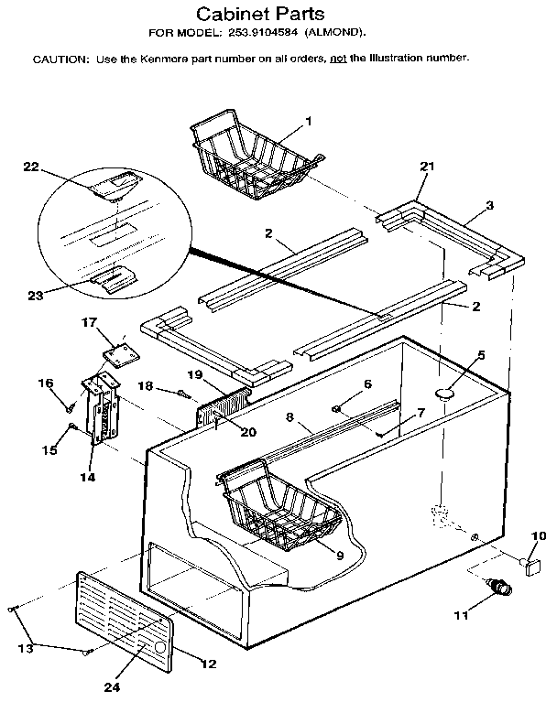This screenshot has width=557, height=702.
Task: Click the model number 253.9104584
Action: click(x=262, y=35)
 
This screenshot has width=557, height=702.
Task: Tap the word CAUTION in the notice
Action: click(x=60, y=59)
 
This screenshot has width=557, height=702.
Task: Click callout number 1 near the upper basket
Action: click(x=309, y=121)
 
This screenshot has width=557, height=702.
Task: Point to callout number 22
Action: click(x=31, y=166)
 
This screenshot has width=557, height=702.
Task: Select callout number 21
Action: click(x=426, y=167)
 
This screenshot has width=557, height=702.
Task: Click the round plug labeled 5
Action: click(x=446, y=394)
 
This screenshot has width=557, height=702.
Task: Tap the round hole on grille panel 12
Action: click(x=161, y=647)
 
